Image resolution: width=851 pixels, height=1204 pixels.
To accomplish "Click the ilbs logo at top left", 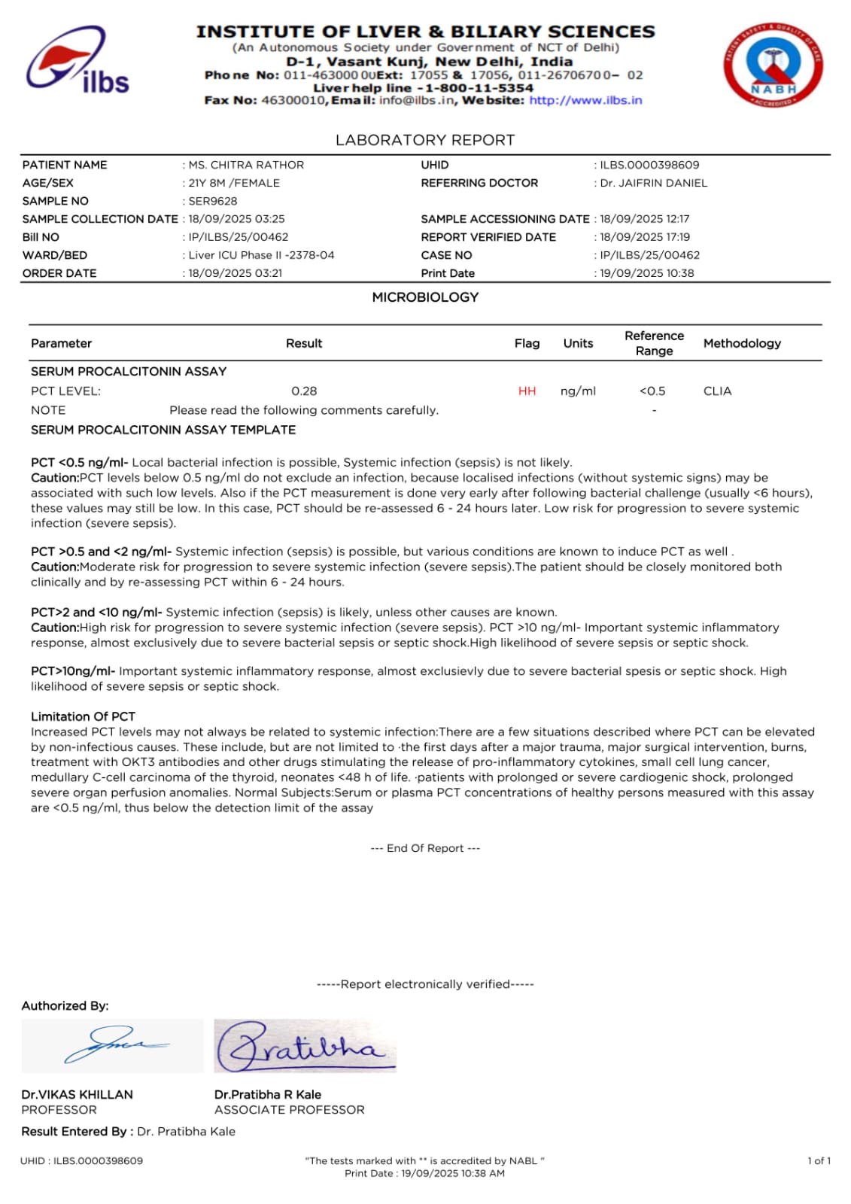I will coord(78,60).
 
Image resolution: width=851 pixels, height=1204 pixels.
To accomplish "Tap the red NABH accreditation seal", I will coord(773,65).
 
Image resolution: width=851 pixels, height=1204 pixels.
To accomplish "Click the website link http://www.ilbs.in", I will coord(585,100).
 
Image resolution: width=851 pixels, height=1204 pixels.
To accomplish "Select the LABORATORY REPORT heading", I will coord(425,140).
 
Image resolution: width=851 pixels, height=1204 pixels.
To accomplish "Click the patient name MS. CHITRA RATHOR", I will coord(246,165).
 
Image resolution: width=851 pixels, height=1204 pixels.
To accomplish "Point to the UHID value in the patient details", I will coord(649,165).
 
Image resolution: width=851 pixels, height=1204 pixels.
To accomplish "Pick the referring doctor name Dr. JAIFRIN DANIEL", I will coord(653,183).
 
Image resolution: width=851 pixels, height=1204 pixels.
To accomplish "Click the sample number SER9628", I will coord(213,201).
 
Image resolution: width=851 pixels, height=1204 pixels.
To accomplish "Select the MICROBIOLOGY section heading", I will coord(425,297).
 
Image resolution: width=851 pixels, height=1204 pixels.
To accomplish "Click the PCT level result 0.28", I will coord(304,391).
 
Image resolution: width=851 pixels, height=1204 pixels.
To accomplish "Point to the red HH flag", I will coord(527,391).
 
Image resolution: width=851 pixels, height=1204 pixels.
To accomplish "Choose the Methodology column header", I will coord(742,343).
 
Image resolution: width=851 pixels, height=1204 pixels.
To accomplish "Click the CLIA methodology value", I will coord(717,391).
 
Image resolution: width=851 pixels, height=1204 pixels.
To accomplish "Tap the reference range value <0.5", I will coord(652,391).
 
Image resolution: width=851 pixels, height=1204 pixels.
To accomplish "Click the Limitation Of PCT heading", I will coord(83,716).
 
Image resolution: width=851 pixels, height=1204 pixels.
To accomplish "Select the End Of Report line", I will coord(425,848).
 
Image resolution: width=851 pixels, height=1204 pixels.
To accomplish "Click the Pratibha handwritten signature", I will coord(305,1046).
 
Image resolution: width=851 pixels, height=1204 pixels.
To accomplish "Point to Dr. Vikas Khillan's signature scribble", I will coord(113,1045).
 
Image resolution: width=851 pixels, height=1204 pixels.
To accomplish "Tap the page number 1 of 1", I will coord(819,1160).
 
